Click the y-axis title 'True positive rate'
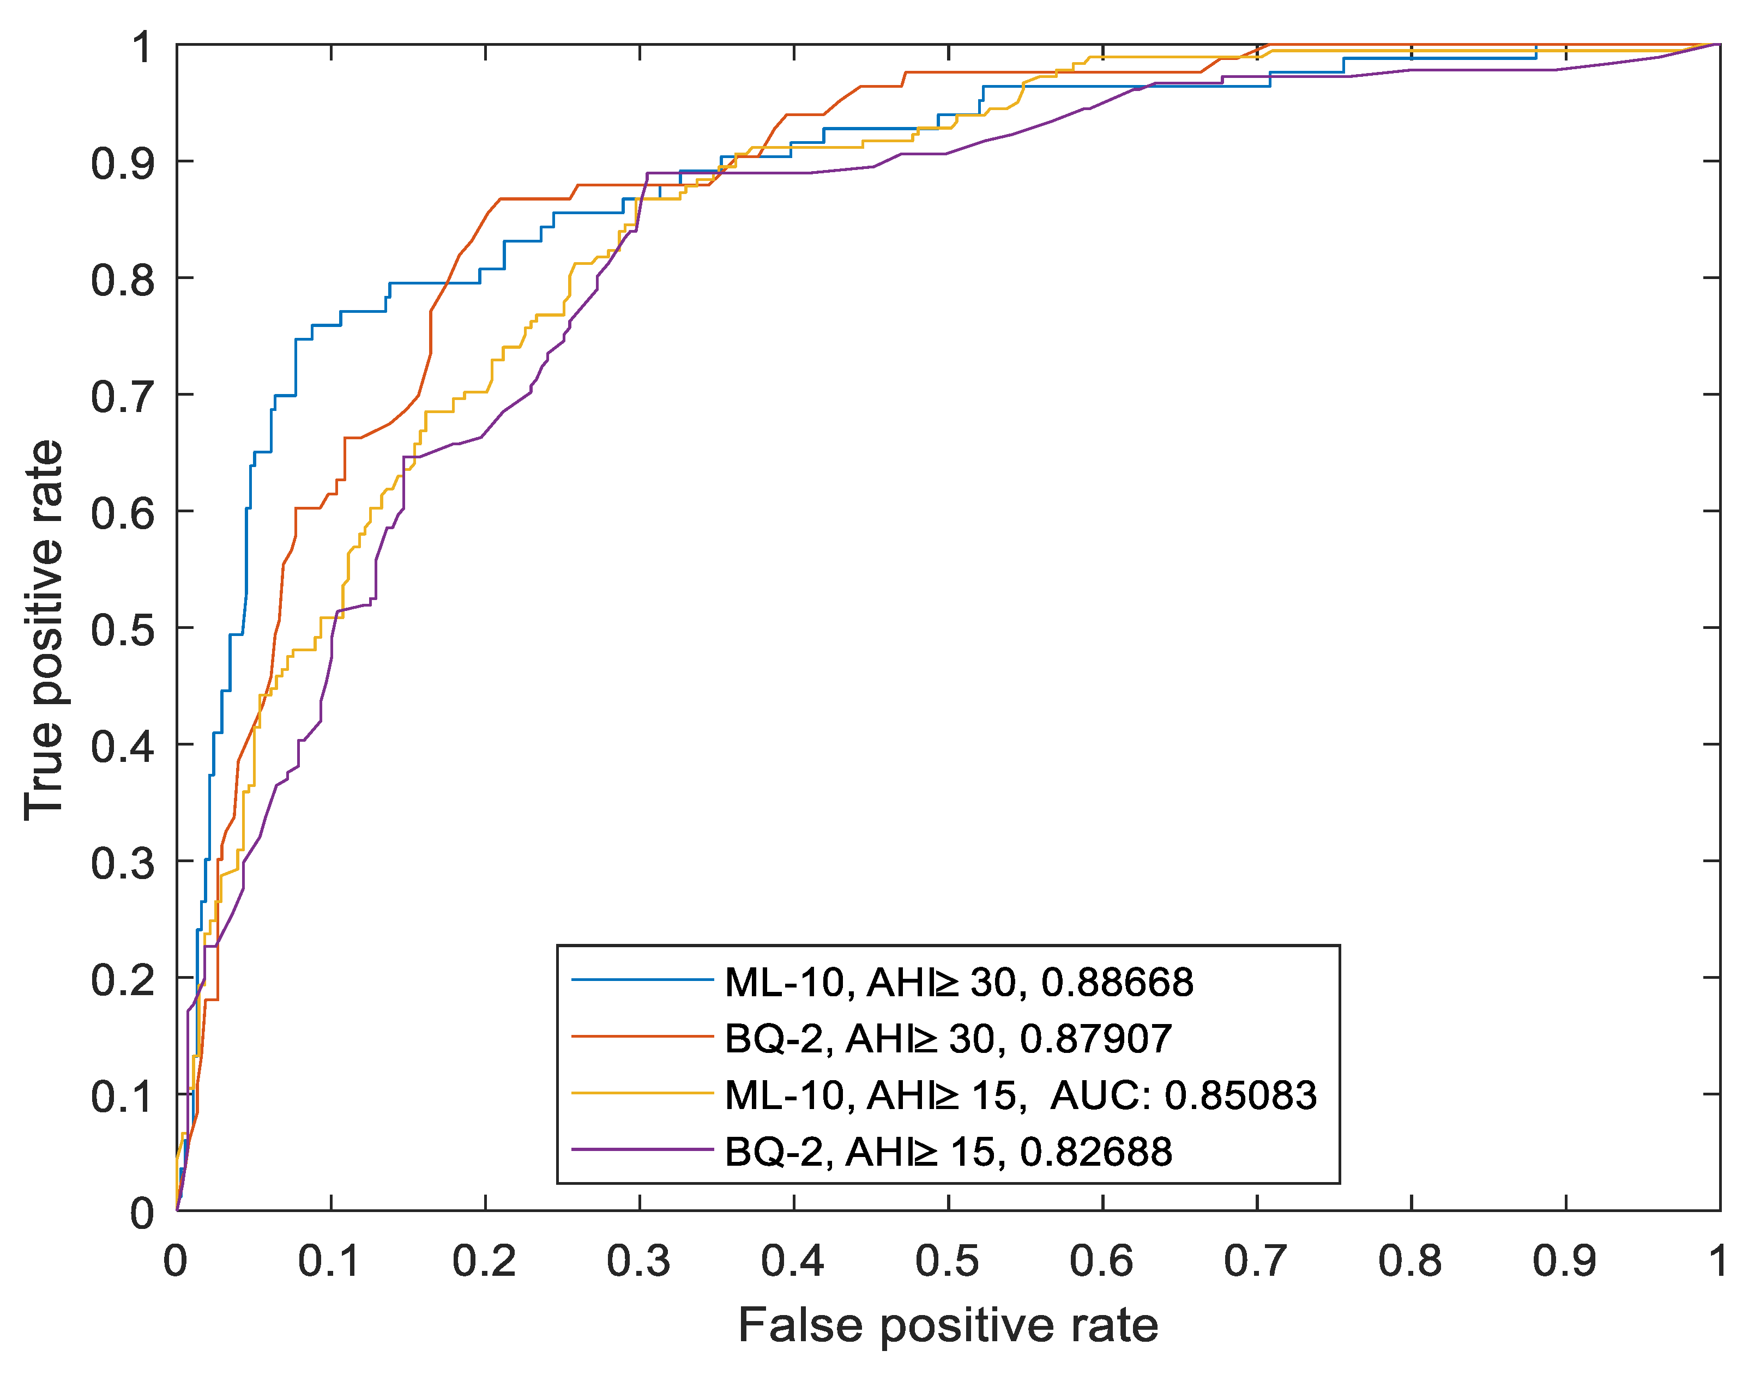point(44,631)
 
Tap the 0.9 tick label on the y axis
point(122,164)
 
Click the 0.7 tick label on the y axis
point(122,397)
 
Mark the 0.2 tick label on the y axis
point(122,980)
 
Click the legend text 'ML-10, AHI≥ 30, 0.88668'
point(958,982)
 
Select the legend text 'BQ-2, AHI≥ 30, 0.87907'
point(948,1039)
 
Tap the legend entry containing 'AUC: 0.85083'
point(1020,1095)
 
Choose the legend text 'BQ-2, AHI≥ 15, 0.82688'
point(948,1151)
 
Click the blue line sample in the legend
point(642,980)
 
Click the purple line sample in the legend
point(642,1149)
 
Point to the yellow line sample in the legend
point(642,1093)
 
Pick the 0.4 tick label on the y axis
point(122,746)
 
